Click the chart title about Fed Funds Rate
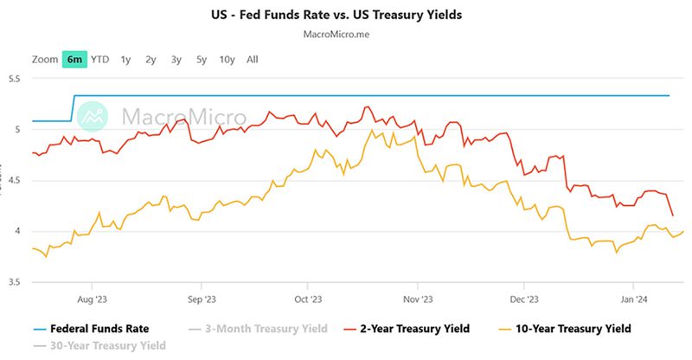346,15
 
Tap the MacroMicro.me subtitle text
346,35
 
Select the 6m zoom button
75,60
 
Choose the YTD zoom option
100,60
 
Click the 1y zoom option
125,60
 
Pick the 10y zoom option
227,60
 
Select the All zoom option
252,60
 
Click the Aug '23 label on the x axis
93,299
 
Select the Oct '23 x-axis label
308,299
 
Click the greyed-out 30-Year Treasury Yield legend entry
99,346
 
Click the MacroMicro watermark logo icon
95,116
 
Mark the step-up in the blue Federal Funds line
73,108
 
